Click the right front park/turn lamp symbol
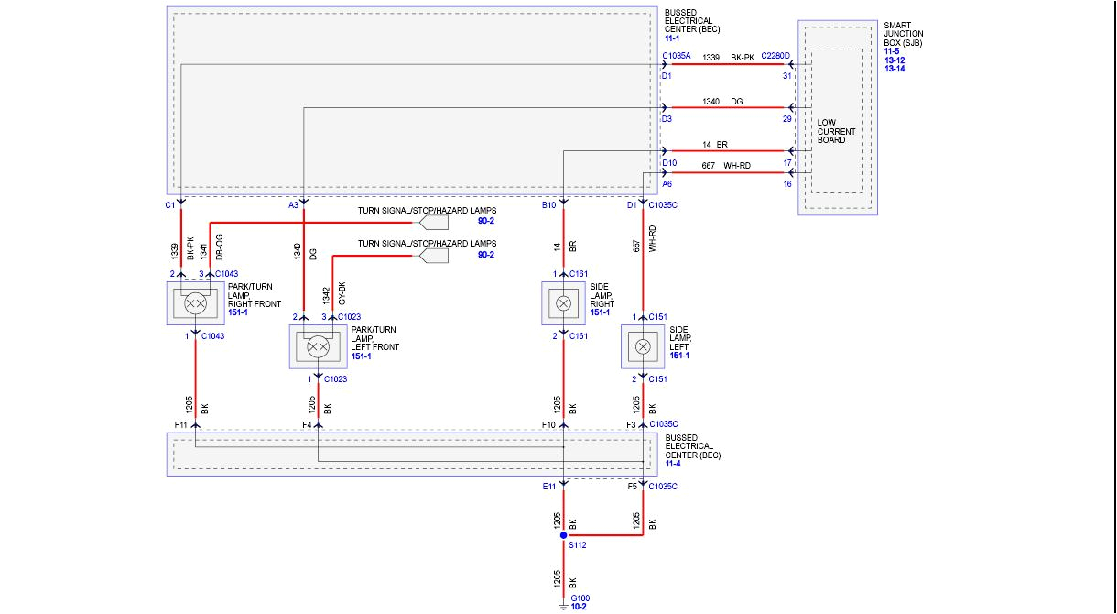pyautogui.click(x=195, y=302)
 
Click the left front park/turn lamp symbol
pyautogui.click(x=318, y=346)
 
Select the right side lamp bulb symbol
pyautogui.click(x=564, y=303)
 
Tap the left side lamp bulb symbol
pyautogui.click(x=643, y=346)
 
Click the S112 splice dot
pyautogui.click(x=563, y=536)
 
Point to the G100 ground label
pyautogui.click(x=580, y=598)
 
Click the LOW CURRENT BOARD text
pyautogui.click(x=836, y=131)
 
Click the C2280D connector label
pyautogui.click(x=775, y=57)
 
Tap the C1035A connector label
pyautogui.click(x=677, y=57)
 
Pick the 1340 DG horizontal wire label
pyautogui.click(x=722, y=101)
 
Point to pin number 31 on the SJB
pyautogui.click(x=786, y=76)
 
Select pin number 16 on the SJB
pyautogui.click(x=786, y=184)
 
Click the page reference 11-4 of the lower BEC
pyautogui.click(x=673, y=464)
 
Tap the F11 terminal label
pyautogui.click(x=180, y=424)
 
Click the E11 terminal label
pyautogui.click(x=548, y=486)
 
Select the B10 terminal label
pyautogui.click(x=548, y=205)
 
